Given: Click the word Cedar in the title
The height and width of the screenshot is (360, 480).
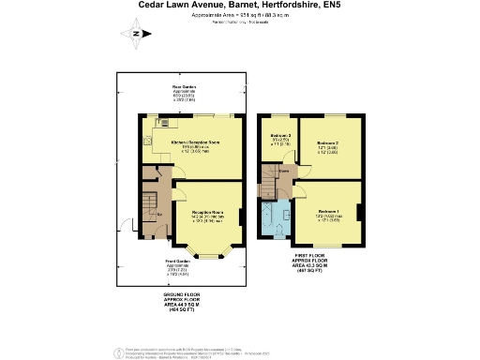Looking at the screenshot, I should click(x=157, y=6).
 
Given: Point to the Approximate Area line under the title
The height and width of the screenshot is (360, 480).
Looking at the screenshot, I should click(x=239, y=16).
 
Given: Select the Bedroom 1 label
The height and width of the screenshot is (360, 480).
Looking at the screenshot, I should click(x=329, y=212).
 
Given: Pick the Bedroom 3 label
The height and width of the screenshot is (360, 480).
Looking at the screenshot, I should click(x=278, y=138).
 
